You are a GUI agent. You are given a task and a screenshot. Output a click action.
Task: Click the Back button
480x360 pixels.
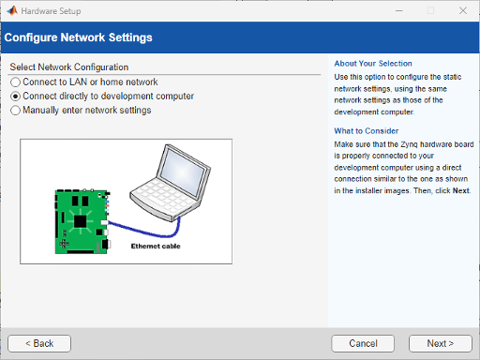39,343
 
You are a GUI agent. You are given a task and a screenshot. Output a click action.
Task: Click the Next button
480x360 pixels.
440,343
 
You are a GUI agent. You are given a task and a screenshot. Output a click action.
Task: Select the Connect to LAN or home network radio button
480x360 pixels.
15,82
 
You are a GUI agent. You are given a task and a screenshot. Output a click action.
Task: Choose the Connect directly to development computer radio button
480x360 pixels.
15,97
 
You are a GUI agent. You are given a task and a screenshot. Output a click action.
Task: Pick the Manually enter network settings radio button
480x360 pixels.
15,111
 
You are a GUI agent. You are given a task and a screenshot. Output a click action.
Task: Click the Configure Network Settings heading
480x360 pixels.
79,38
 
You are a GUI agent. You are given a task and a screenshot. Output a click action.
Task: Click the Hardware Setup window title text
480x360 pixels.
53,10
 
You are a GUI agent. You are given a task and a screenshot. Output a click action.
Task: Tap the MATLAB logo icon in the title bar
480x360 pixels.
11,10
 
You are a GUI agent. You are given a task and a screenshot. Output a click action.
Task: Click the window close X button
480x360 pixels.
458,10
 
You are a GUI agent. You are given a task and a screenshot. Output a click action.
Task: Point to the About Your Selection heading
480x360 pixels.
372,64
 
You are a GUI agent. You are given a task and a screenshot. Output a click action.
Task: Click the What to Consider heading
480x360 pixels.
367,131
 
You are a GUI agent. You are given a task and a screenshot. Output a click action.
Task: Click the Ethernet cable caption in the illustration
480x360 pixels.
156,246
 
